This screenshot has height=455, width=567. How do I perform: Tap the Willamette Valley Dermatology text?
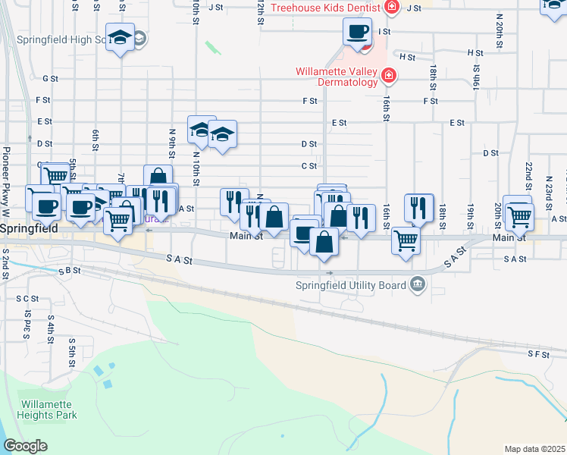[x=336, y=77]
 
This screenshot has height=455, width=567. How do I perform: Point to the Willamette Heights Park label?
[x=49, y=409]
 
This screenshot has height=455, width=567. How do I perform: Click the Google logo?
[x=25, y=446]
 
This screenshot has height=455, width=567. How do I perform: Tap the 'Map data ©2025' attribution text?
[x=534, y=448]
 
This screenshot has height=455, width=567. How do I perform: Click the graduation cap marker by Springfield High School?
[x=120, y=38]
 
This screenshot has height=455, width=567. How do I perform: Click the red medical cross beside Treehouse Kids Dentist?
[x=391, y=8]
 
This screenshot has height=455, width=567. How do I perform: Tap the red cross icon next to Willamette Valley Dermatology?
[x=389, y=76]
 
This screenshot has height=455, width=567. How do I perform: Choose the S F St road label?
[x=537, y=353]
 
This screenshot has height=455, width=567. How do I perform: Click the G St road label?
[x=50, y=78]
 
